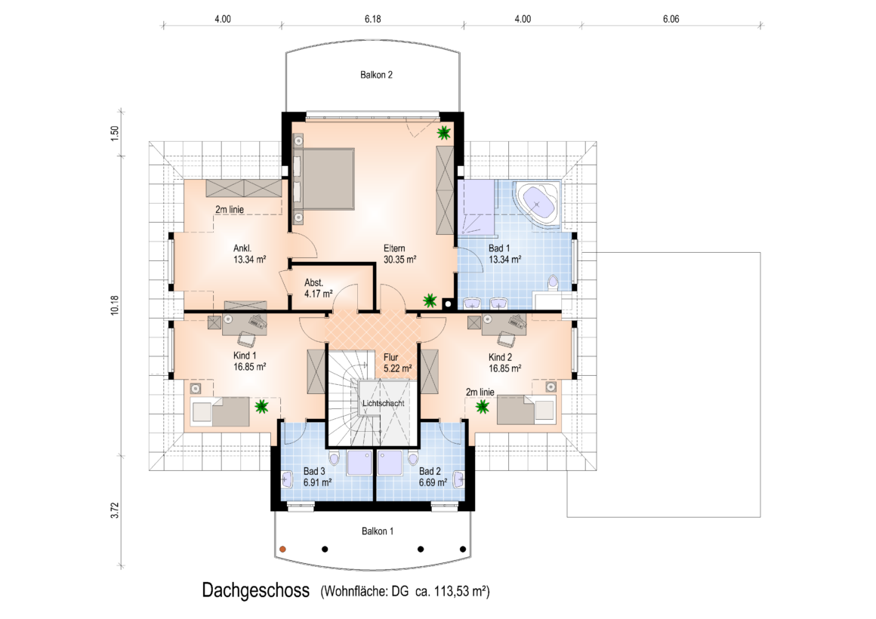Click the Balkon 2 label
[x=376, y=75]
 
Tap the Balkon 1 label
[x=377, y=531]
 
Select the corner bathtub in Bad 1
[x=537, y=204]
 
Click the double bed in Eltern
[x=324, y=179]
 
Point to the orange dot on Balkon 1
[x=282, y=549]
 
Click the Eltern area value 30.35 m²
[x=399, y=260]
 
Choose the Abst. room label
[x=313, y=282]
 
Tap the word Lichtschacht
[x=384, y=403]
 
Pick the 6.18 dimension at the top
[x=372, y=19]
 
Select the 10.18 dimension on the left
[x=115, y=306]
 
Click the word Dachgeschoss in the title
[x=255, y=590]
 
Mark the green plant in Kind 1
[x=261, y=406]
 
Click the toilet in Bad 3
[x=334, y=458]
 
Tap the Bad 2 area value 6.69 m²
[x=433, y=482]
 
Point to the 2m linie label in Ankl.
[x=230, y=210]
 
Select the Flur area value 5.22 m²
[x=398, y=368]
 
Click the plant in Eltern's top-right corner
[x=443, y=133]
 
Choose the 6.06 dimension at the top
[x=671, y=19]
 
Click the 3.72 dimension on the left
[x=115, y=510]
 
